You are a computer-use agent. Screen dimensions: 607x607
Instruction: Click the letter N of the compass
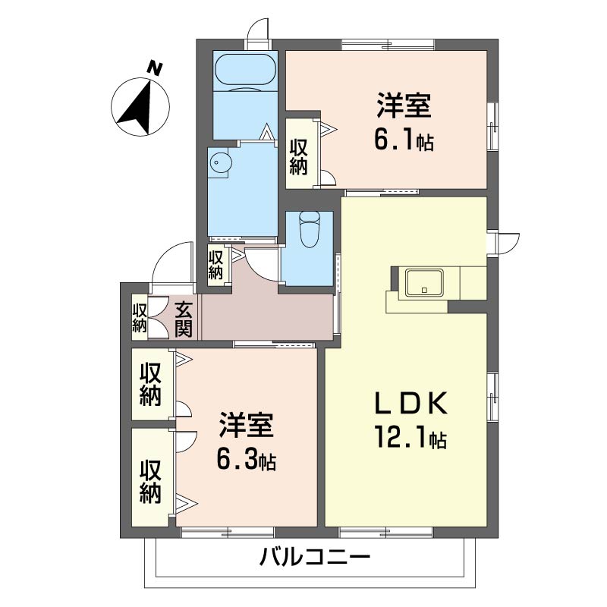pos(155,68)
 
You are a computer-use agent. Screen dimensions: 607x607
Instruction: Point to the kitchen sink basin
pos(424,282)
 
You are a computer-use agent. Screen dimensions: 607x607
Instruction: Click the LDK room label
pos(410,404)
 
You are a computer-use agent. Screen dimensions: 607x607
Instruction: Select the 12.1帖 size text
pos(410,437)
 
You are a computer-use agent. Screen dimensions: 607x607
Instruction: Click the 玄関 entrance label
pos(183,319)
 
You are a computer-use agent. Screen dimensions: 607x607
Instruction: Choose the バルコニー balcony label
pos(315,557)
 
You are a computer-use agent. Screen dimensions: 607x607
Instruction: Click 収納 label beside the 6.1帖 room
pos(298,157)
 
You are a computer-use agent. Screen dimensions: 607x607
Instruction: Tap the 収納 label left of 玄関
pos(140,318)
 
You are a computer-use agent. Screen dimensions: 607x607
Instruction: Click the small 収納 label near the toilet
pos(215,265)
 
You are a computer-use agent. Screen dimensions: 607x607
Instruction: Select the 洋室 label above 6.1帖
pos(404,105)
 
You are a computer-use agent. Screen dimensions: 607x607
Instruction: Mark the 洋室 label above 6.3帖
pos(247,425)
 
